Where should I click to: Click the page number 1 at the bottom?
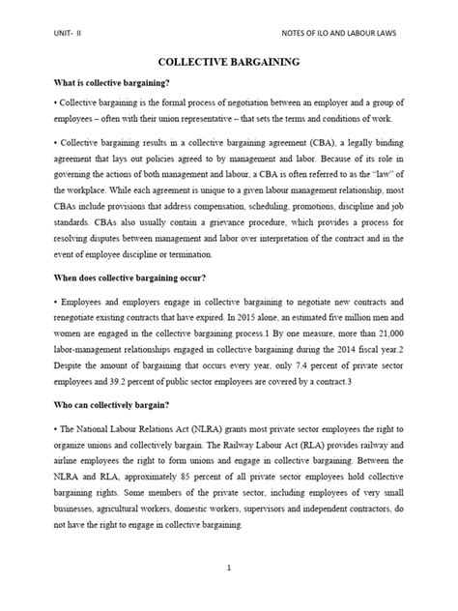click(x=229, y=568)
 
